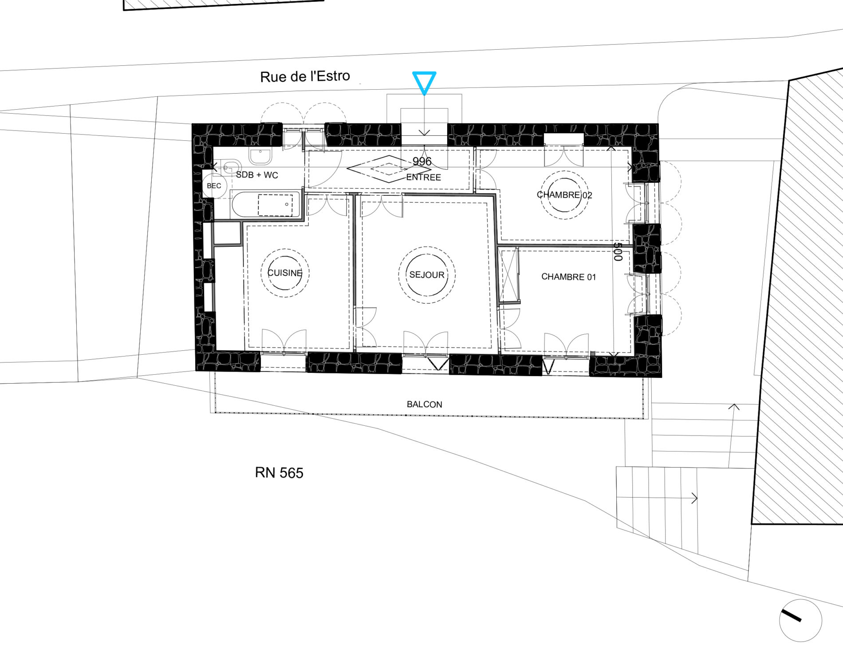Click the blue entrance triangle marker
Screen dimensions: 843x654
tap(424, 83)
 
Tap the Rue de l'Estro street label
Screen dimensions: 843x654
tap(305, 76)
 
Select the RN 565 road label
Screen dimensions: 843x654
tap(279, 473)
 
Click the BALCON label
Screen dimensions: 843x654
tap(425, 404)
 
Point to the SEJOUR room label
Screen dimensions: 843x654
tap(427, 275)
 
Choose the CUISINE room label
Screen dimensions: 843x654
tap(285, 273)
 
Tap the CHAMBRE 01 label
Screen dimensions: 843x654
tap(568, 277)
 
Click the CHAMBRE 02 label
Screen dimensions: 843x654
tap(564, 195)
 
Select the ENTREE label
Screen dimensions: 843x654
tap(424, 178)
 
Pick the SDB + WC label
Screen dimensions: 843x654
tap(257, 175)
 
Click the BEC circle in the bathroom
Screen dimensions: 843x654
tap(214, 186)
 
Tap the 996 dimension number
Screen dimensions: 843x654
tap(422, 162)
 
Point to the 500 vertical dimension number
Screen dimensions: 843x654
tap(618, 251)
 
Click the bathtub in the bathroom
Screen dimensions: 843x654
tap(265, 204)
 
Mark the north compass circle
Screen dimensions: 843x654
tap(800, 620)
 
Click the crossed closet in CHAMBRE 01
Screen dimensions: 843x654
tap(509, 275)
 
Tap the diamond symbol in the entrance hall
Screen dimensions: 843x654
tap(389, 169)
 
